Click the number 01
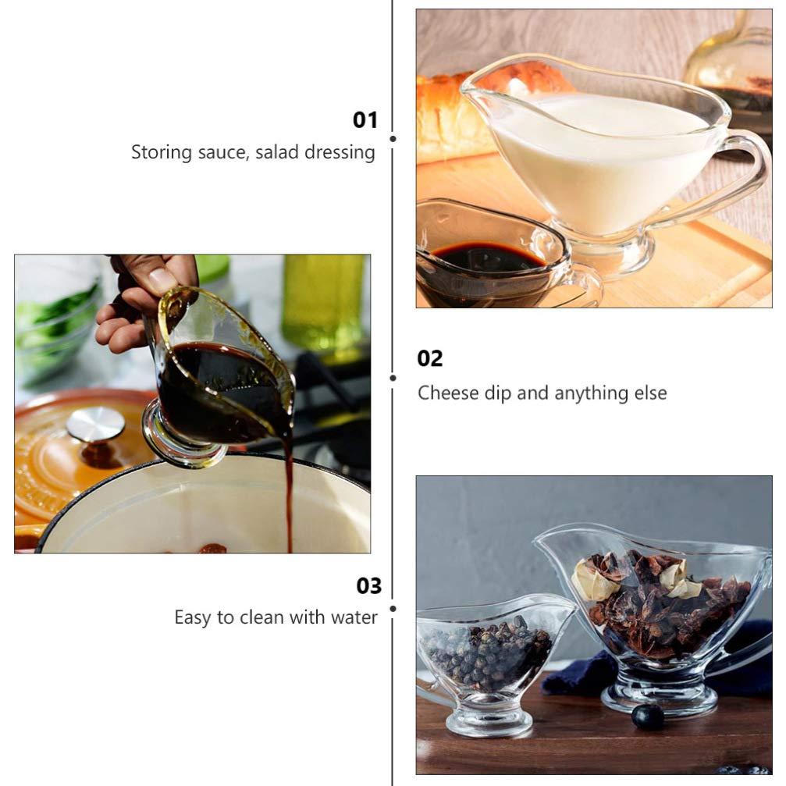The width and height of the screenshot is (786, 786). pos(365,119)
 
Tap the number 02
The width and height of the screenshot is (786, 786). pos(429,358)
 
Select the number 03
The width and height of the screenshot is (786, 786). pos(368,585)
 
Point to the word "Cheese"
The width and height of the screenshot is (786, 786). pos(444,392)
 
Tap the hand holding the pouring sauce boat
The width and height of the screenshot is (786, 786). pos(140,301)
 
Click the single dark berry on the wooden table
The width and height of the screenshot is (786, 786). pos(647,716)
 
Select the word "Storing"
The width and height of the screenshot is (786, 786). pos(159,151)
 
